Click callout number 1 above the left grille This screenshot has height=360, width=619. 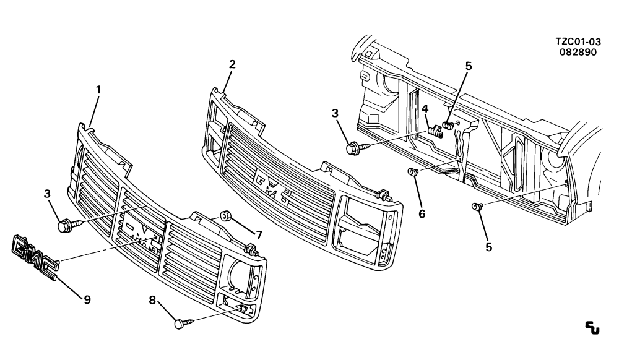(x=98, y=90)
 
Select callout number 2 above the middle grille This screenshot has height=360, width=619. (x=232, y=64)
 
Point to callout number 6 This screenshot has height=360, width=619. (x=422, y=214)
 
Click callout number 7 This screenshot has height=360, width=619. (x=259, y=236)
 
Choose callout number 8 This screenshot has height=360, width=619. (x=152, y=301)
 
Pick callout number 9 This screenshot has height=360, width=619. (x=87, y=300)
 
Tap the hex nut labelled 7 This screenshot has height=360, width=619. (x=226, y=216)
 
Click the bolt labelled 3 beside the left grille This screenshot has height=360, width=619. (x=69, y=225)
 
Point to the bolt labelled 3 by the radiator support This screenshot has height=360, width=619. (x=357, y=148)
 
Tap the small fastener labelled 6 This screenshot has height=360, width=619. (x=413, y=171)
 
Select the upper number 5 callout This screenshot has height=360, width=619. (x=469, y=66)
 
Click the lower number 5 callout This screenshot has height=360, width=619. (x=489, y=247)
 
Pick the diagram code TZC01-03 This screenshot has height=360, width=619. (x=578, y=41)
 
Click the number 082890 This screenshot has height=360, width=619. (x=578, y=52)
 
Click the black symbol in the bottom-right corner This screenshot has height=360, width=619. (x=592, y=328)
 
